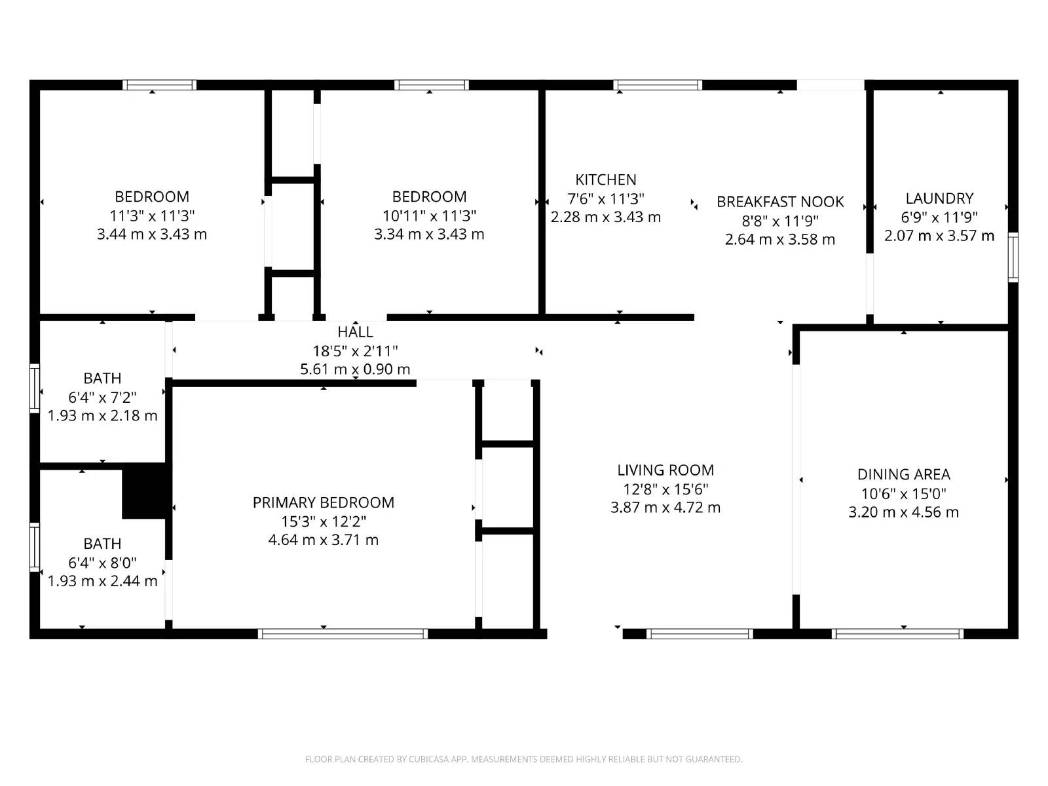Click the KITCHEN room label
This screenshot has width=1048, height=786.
coord(605,179)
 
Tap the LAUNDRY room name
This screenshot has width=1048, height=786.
coord(939,198)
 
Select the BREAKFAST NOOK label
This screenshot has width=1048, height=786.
coord(779,202)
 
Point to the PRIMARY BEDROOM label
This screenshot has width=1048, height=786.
coord(323,502)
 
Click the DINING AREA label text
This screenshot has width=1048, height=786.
coord(903,474)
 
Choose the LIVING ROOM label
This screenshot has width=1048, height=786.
coord(665,470)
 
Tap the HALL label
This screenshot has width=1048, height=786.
coord(355,332)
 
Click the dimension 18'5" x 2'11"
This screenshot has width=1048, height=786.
coord(355,351)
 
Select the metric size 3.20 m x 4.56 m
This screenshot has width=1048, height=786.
coord(903,512)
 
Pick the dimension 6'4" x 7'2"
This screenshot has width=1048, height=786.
coord(102,397)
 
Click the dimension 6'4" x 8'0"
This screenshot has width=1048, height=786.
coord(102,563)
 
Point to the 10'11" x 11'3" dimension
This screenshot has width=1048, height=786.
coord(429,215)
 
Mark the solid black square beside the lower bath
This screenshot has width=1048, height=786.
coord(143,491)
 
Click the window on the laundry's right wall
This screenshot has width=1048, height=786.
coord(1013,257)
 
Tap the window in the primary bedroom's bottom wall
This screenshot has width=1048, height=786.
coord(343,633)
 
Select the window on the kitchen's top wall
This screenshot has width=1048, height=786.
coord(658,85)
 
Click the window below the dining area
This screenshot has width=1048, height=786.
coord(897,633)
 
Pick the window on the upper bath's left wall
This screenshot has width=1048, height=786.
coord(35,388)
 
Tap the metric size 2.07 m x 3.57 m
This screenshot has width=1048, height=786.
coord(939,236)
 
